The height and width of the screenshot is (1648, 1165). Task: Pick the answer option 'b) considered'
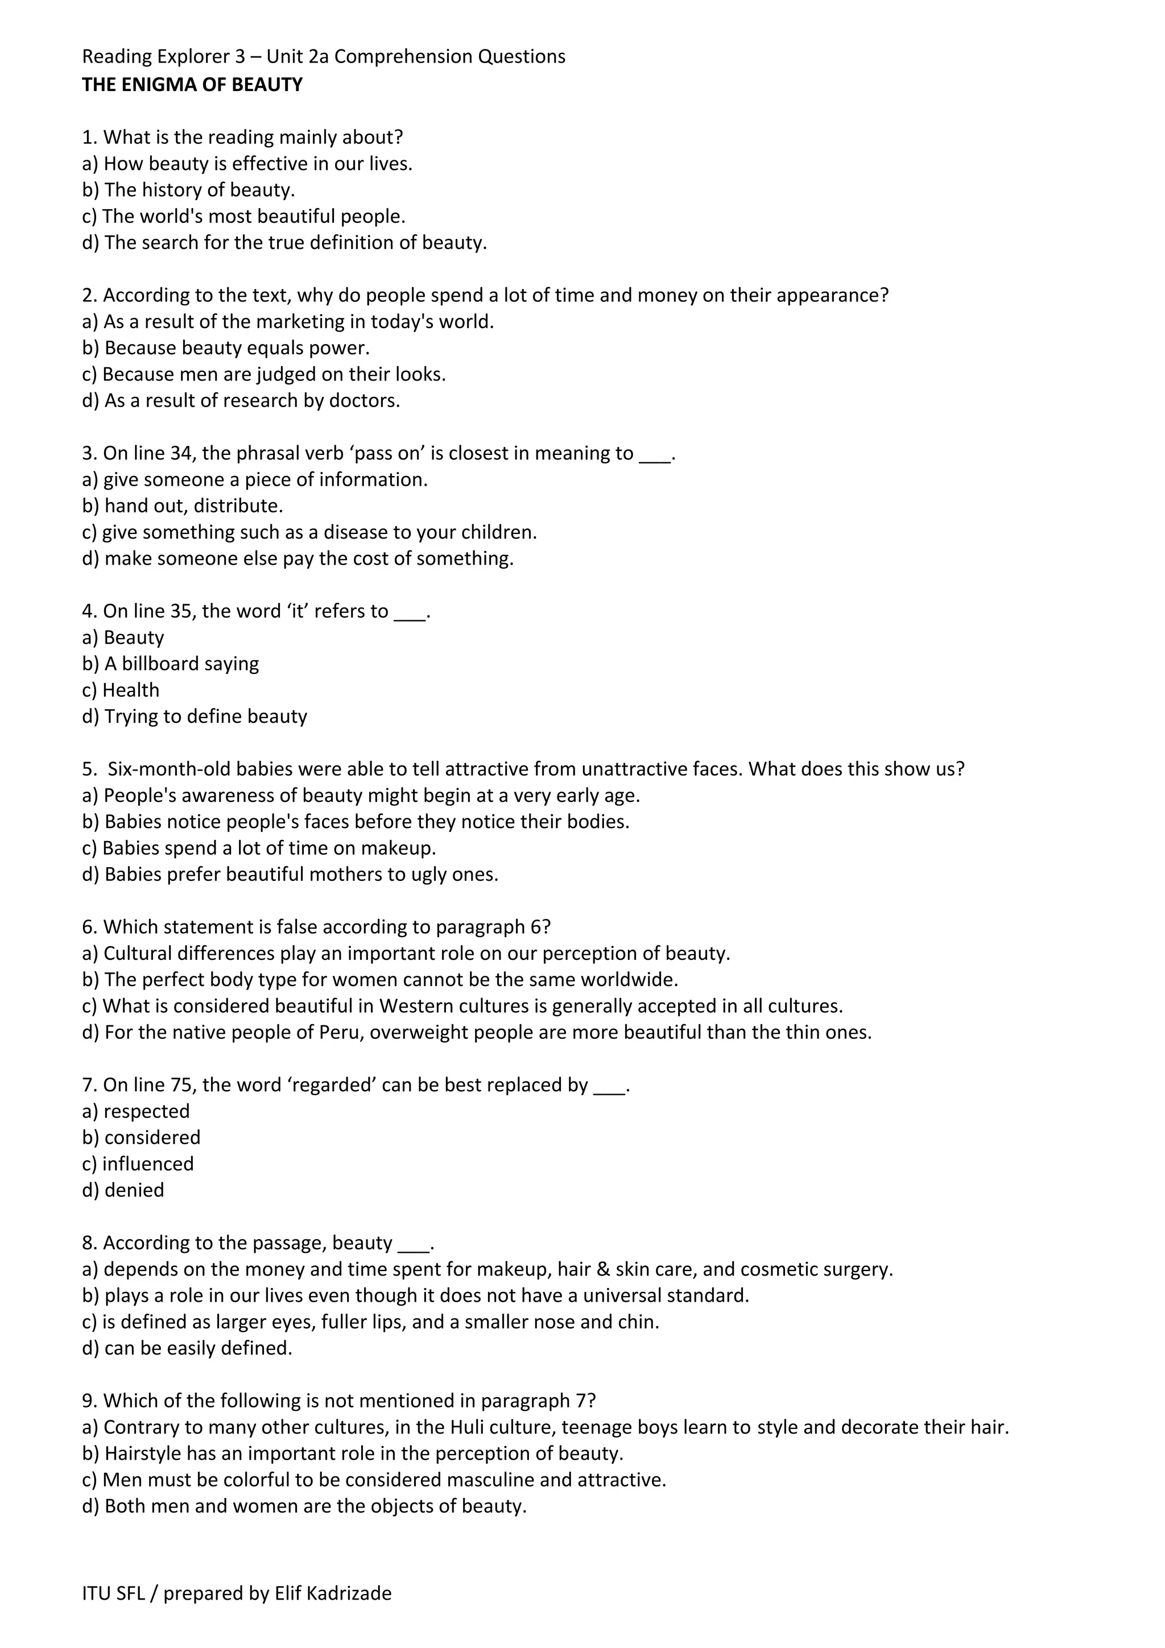[x=142, y=1138]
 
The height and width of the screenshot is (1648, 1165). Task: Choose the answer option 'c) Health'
[x=121, y=690]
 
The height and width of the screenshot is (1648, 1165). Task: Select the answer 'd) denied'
[x=123, y=1190]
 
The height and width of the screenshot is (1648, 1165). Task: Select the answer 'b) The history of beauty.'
[x=189, y=190]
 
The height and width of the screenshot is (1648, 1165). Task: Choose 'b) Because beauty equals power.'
[x=226, y=348]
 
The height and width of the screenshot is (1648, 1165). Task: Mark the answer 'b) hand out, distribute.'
[x=183, y=506]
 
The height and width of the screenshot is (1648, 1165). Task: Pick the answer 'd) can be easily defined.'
[x=187, y=1348]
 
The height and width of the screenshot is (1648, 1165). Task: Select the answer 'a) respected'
[x=137, y=1111]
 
